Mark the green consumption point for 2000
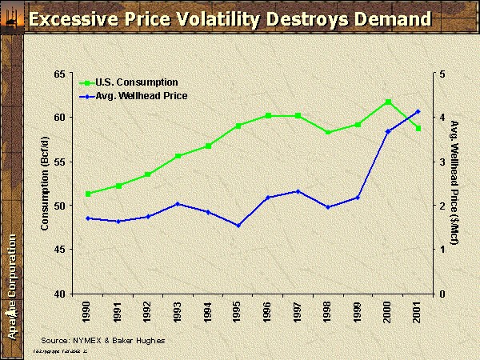point(388,102)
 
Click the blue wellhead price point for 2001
point(418,111)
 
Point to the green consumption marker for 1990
point(87,194)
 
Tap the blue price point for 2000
point(388,131)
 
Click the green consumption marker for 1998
point(328,132)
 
